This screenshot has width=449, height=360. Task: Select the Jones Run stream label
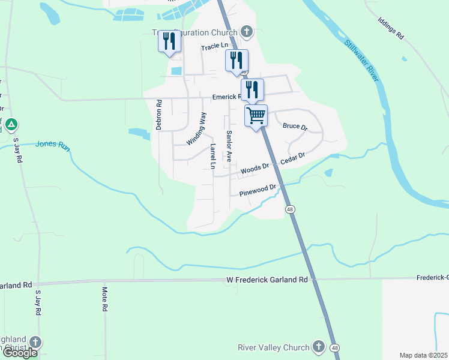(49, 144)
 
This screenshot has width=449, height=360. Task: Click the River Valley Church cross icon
(318, 347)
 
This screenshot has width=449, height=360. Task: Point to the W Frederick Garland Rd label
(267, 280)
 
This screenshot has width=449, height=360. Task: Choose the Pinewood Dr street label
(258, 191)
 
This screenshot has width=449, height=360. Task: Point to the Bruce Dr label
(295, 127)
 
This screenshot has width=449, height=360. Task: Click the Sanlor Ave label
(229, 146)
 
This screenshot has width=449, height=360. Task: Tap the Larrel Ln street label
(212, 155)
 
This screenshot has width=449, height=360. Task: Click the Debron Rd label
(159, 115)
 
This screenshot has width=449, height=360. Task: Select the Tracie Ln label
(215, 46)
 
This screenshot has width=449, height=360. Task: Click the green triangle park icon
(12, 125)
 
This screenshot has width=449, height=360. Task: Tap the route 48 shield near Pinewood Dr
(290, 209)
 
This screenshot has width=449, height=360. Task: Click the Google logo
(19, 353)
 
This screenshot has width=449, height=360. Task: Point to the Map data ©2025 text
(423, 355)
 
